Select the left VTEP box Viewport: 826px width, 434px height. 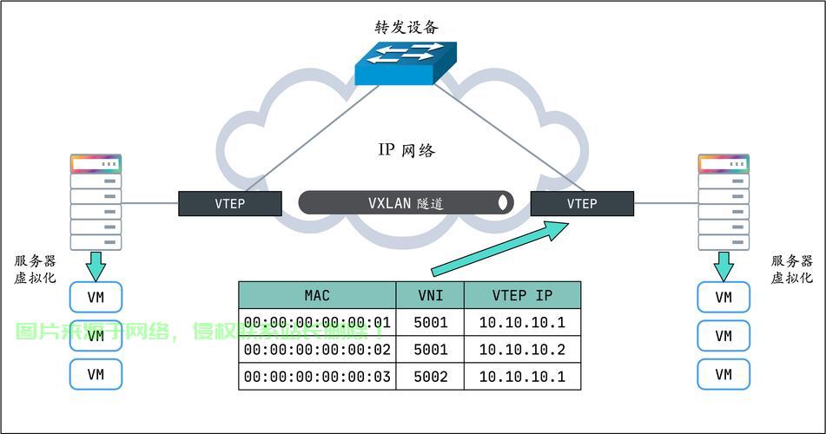coord(230,204)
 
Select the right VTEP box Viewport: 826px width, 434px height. coord(582,204)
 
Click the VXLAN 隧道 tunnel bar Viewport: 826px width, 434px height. coord(406,203)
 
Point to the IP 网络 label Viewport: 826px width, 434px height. coord(406,150)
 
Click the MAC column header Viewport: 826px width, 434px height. coord(317,295)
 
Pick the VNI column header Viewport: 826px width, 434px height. coord(431,295)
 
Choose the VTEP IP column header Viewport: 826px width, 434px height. coord(522,295)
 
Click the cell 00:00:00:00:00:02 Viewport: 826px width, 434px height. coord(317,350)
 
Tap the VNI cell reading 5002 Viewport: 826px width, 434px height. coord(431,377)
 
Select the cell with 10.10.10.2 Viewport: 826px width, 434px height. coord(522,350)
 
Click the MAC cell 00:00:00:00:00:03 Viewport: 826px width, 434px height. coord(317,377)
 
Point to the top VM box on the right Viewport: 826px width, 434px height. coord(724,297)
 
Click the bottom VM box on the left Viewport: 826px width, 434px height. coord(96,374)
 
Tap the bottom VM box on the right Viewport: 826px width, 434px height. coord(724,374)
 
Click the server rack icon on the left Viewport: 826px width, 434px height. coord(96,202)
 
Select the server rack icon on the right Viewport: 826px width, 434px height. coord(724,202)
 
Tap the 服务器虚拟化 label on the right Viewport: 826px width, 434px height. coord(792,269)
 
